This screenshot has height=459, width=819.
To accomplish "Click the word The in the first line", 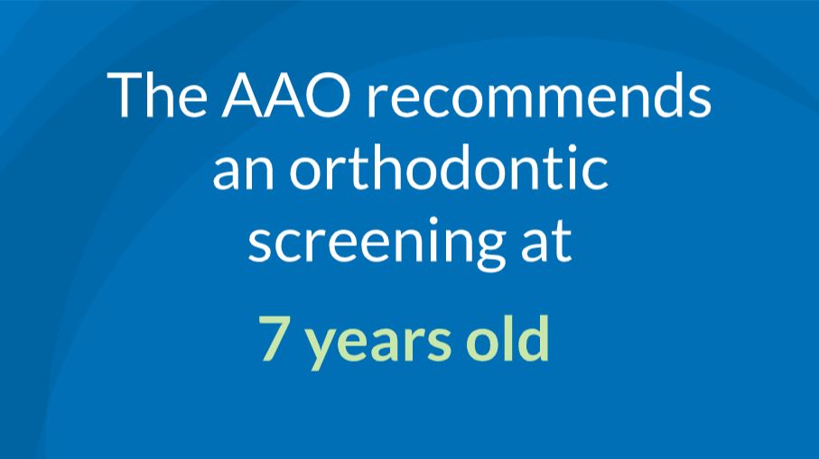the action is pyautogui.click(x=157, y=95).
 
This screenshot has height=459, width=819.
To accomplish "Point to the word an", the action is pyautogui.click(x=244, y=171).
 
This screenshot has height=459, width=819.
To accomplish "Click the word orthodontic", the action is pyautogui.click(x=449, y=167).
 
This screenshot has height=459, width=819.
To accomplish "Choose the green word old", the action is pyautogui.click(x=507, y=337).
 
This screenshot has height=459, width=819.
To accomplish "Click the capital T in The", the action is pyautogui.click(x=125, y=95).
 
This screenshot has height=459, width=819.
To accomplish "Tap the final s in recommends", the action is pyautogui.click(x=698, y=100).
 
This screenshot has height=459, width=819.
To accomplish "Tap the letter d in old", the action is pyautogui.click(x=533, y=337).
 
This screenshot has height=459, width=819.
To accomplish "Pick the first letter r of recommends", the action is pyautogui.click(x=377, y=100).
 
